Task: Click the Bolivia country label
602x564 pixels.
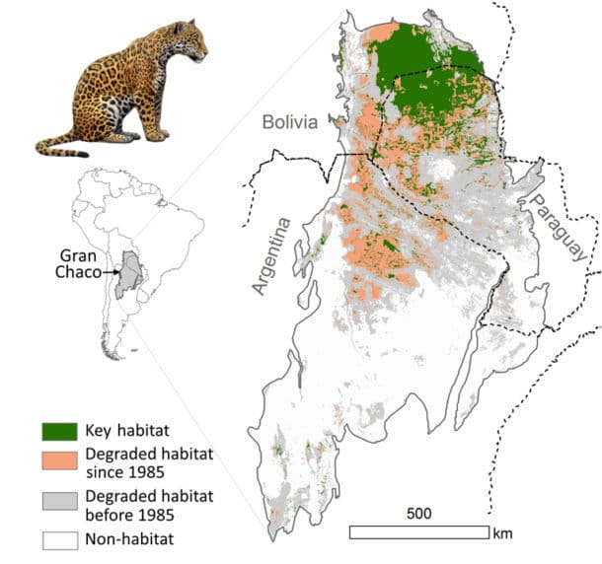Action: [289, 122]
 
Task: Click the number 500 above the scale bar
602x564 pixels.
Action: [418, 514]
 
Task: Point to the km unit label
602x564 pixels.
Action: [503, 533]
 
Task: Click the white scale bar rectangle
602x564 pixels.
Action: [418, 532]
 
